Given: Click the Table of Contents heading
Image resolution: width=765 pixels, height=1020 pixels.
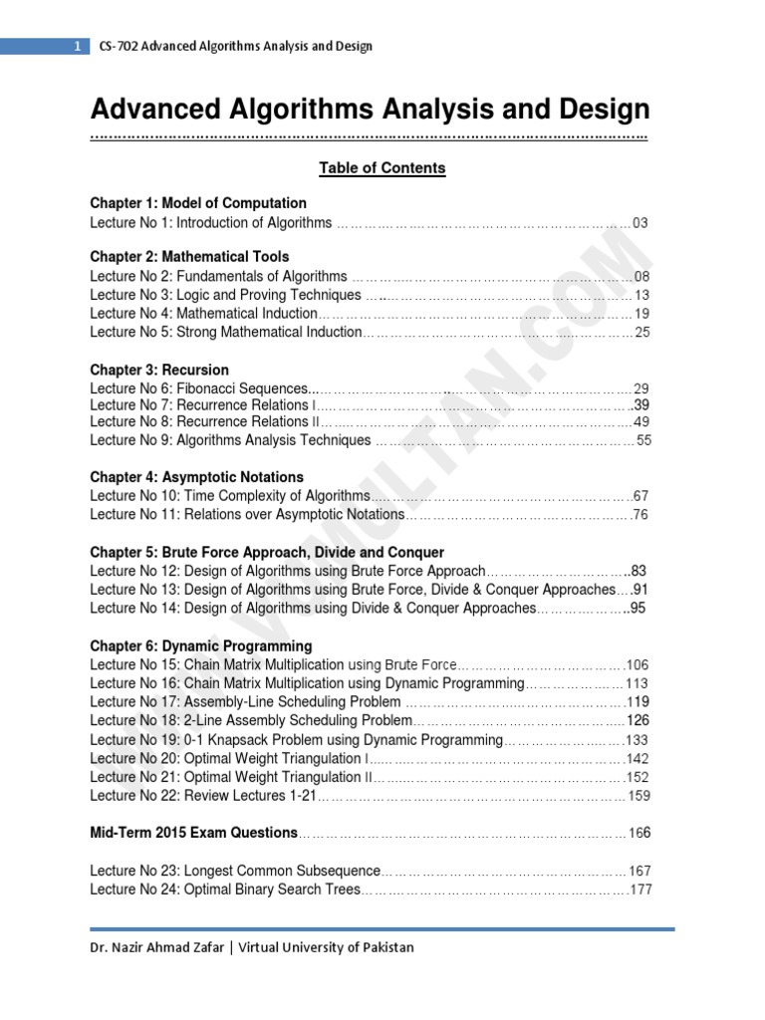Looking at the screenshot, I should [x=382, y=168].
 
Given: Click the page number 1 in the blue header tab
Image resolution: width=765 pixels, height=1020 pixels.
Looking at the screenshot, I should [x=77, y=46].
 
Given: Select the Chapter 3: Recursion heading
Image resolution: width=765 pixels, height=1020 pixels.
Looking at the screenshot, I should [x=159, y=370].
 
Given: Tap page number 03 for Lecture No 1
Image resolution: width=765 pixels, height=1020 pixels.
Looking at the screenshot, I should [x=640, y=223].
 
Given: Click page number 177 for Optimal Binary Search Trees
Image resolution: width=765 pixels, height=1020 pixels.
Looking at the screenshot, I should [x=639, y=890].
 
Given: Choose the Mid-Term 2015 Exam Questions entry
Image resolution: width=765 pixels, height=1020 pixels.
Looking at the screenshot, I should [x=193, y=832].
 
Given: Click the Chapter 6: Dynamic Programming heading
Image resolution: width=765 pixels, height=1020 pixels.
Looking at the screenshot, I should [x=200, y=645].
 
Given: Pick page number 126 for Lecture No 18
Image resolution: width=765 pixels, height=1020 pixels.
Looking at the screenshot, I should [x=637, y=720].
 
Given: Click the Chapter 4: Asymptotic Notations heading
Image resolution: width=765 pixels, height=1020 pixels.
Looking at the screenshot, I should [x=196, y=477].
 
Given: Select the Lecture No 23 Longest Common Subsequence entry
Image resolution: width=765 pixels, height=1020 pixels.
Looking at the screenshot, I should [x=235, y=871].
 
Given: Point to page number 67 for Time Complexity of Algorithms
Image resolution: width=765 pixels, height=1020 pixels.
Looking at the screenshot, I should [x=640, y=496].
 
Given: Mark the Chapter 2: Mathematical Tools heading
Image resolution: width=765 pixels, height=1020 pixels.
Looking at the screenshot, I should [x=189, y=256].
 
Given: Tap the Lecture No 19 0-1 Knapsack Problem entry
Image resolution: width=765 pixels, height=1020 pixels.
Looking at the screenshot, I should [x=296, y=740].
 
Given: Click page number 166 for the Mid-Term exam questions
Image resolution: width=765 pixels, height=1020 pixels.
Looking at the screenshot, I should [x=638, y=833].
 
